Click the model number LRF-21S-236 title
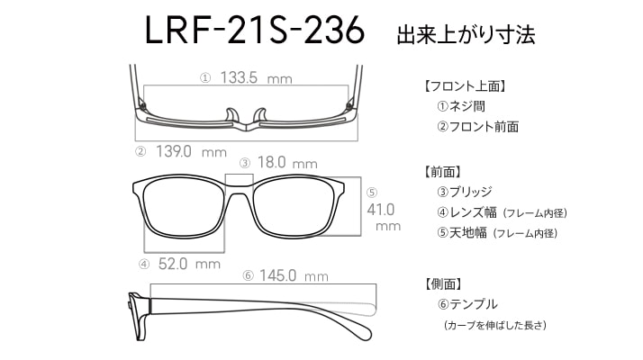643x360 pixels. pyautogui.click(x=255, y=30)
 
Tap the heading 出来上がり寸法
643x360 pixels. pyautogui.click(x=466, y=34)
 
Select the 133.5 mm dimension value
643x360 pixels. pyautogui.click(x=257, y=77)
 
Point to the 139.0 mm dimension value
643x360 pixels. pyautogui.click(x=191, y=152)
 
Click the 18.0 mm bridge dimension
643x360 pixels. pyautogui.click(x=287, y=163)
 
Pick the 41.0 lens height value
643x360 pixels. pyautogui.click(x=381, y=210)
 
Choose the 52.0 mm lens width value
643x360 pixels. pyautogui.click(x=189, y=264)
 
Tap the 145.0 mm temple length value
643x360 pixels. pyautogui.click(x=294, y=275)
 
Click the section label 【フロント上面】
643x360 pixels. pyautogui.click(x=464, y=86)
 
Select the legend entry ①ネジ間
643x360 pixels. pyautogui.click(x=461, y=106)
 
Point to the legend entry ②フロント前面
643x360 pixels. pyautogui.click(x=477, y=127)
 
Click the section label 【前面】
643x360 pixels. pyautogui.click(x=442, y=172)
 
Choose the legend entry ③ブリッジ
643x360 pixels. pyautogui.click(x=465, y=192)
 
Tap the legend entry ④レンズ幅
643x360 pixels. pyautogui.click(x=467, y=212)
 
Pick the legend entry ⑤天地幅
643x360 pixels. pyautogui.click(x=462, y=233)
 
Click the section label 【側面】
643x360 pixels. pyautogui.click(x=443, y=283)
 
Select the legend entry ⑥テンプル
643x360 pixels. pyautogui.click(x=468, y=304)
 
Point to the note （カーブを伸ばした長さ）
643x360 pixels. pyautogui.click(x=495, y=325)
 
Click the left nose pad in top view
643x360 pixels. pyautogui.click(x=231, y=115)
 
